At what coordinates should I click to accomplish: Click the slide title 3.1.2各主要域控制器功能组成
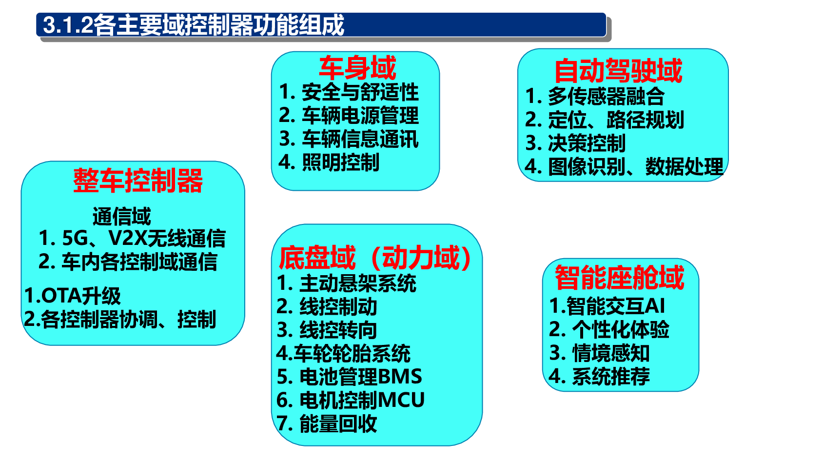[x=193, y=25]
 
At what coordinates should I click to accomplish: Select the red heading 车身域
[x=357, y=68]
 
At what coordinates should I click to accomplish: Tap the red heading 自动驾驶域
[x=618, y=71]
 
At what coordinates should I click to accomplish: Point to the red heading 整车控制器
[x=138, y=181]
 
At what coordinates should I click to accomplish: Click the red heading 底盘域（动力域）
[x=375, y=258]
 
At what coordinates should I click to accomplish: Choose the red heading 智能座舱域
[x=620, y=277]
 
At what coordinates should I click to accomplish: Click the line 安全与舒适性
[x=360, y=92]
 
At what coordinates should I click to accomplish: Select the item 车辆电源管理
[x=360, y=116]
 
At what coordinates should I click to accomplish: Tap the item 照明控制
[x=341, y=162]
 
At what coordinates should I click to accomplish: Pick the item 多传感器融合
[x=606, y=96]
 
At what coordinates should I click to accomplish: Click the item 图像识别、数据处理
[x=636, y=166]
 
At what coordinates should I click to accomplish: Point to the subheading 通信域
[x=121, y=216]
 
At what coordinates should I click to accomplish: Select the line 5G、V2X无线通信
[x=144, y=238]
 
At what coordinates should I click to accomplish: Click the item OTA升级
[x=81, y=296]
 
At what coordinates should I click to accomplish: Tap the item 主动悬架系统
[x=358, y=283]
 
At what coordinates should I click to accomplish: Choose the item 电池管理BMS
[x=361, y=377]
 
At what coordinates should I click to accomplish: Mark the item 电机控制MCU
[x=362, y=400]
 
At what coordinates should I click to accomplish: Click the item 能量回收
[x=338, y=423]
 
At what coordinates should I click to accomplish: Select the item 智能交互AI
[x=616, y=306]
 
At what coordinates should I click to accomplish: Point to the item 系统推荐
[x=611, y=376]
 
